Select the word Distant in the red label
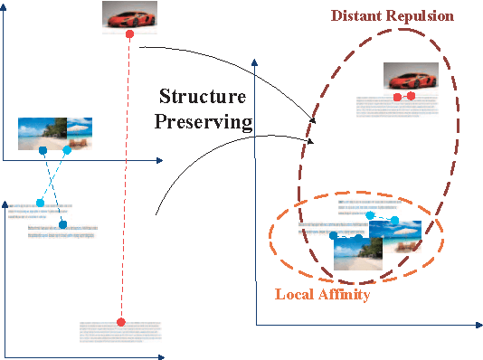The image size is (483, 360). click(x=360, y=16)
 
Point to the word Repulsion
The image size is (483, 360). click(x=421, y=16)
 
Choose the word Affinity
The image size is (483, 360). click(x=346, y=294)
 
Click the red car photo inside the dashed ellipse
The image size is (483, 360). click(x=411, y=78)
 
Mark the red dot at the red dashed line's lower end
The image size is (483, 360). click(x=120, y=322)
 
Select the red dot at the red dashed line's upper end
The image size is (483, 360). click(x=130, y=34)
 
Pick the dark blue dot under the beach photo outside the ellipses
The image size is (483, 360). click(x=43, y=149)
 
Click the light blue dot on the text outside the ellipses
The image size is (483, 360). click(x=40, y=203)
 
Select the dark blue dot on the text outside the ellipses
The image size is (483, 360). click(x=62, y=223)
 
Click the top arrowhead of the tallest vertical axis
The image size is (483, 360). click(x=256, y=62)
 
